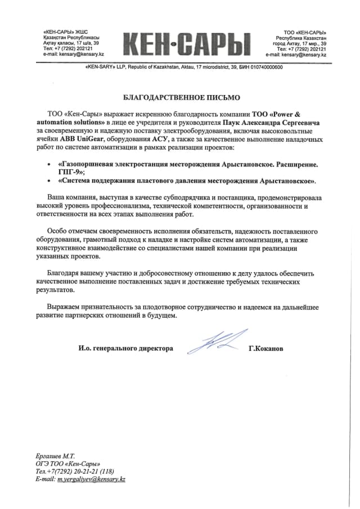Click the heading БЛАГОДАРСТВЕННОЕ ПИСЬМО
coord(180,97)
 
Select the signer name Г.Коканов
coord(266,349)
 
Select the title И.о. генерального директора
coord(126,349)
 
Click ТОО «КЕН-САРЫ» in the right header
coord(305,32)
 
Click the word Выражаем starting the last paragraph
coord(65,307)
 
